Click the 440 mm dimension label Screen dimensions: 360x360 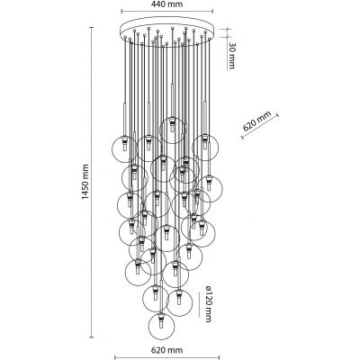166,4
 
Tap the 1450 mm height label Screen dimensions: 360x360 86,182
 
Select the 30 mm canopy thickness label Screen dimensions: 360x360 231,56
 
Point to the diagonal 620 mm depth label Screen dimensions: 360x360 256,121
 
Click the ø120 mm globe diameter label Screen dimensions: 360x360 208,304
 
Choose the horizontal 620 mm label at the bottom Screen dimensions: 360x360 166,350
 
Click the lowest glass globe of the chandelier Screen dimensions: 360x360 162,327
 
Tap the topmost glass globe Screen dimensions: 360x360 172,130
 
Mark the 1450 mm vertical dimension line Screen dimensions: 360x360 92,182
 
